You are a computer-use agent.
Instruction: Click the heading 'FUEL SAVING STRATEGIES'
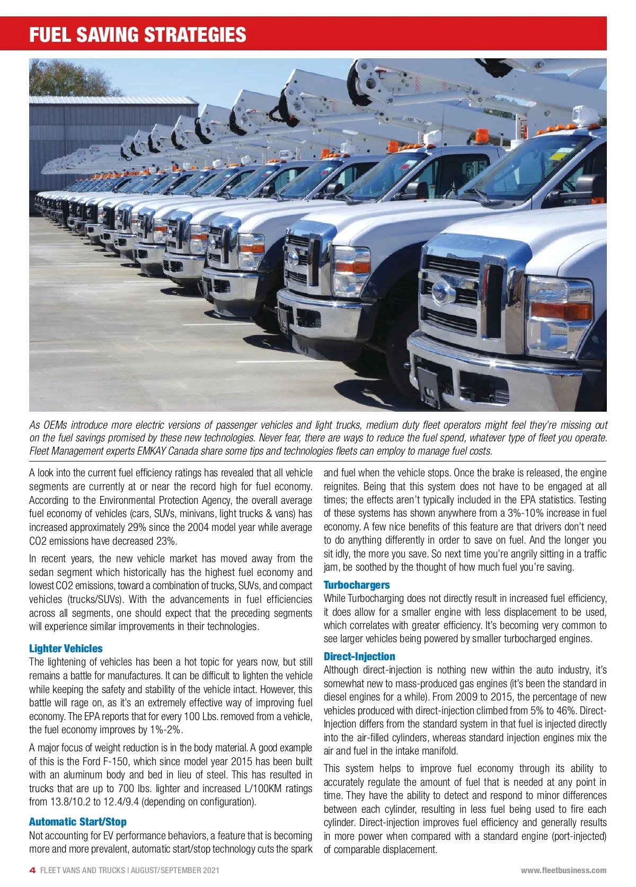[138, 35]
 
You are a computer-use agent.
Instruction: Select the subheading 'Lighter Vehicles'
[66, 649]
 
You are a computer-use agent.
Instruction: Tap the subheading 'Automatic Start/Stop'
[77, 822]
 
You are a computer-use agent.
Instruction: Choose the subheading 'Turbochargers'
[356, 585]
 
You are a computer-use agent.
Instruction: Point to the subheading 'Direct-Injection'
[359, 657]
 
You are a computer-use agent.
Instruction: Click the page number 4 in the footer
[32, 870]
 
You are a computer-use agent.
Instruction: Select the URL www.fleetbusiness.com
[563, 870]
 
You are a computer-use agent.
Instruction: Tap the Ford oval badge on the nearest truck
[440, 291]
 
